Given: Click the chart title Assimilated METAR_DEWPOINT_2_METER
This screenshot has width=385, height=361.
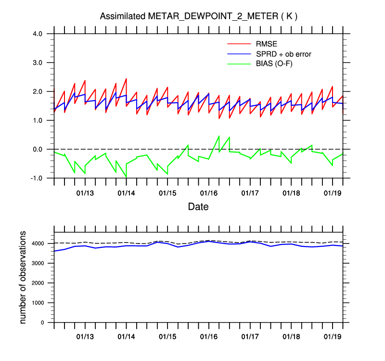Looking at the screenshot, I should coord(198,16).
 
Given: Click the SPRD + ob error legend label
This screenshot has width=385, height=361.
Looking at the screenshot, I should coord(284,54).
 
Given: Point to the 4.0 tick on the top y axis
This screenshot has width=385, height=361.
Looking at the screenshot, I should coord(38,34).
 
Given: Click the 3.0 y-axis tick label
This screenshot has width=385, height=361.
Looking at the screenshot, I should coord(38,63).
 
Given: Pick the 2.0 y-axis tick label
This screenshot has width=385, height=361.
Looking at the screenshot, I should coord(38,91).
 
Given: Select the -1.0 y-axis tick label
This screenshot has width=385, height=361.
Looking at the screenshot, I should coord(37,178).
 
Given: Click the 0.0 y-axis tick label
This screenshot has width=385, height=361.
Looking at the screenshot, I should coord(38,149).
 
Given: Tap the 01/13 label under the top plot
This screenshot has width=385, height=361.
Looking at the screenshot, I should coord(85,193).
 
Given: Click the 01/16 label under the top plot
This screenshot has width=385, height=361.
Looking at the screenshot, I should coord(209,193).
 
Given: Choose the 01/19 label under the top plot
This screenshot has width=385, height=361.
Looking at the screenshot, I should coord(333,193).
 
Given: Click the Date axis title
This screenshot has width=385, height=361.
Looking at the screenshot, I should coord(198,207).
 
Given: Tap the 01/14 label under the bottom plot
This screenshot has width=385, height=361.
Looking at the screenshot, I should coord(127,337).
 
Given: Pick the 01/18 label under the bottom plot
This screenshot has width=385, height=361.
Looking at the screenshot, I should coord(291,337).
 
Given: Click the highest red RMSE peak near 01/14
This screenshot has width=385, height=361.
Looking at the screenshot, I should coord(126,78).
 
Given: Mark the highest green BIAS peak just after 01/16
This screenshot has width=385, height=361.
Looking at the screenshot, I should coord(219,136).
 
